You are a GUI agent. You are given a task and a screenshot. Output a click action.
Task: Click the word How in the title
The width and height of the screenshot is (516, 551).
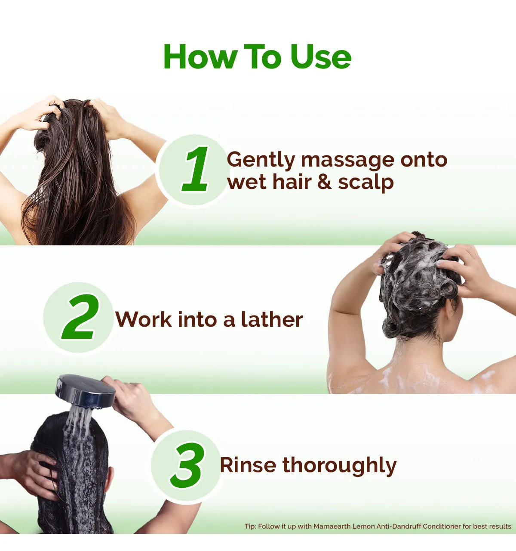[x=200, y=56]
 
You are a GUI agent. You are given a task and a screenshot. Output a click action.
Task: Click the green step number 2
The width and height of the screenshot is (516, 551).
[x=80, y=317]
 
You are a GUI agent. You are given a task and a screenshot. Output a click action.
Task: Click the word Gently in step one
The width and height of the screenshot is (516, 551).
[x=261, y=161]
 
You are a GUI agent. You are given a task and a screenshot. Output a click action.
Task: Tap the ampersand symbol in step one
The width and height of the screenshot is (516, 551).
[x=324, y=182]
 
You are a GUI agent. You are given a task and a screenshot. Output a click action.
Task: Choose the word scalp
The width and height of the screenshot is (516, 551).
[x=366, y=183]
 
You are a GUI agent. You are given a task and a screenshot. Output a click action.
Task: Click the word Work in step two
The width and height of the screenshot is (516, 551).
[x=144, y=319]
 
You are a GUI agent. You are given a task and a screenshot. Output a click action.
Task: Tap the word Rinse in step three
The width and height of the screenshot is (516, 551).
[x=248, y=465]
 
